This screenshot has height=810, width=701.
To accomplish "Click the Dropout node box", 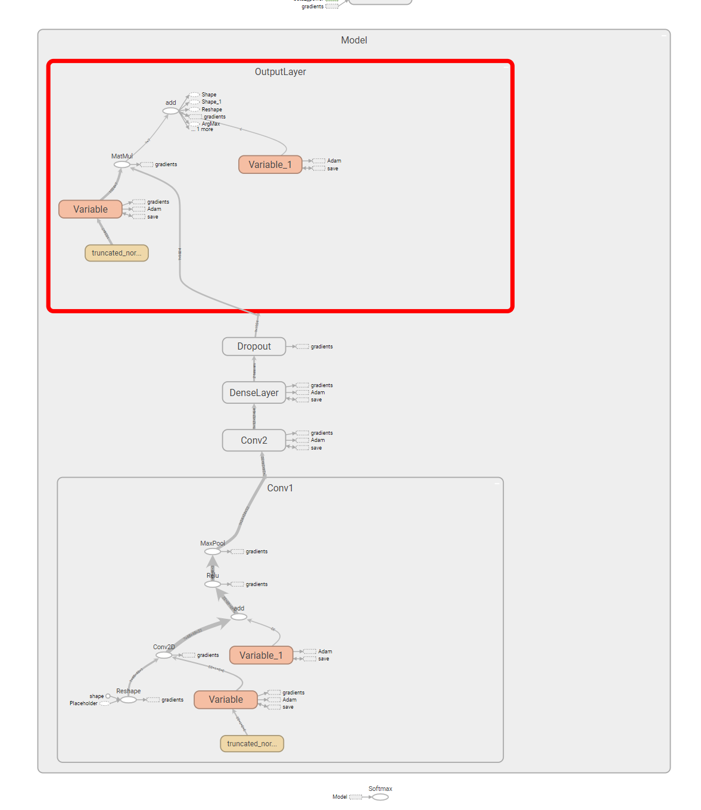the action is coord(254,347).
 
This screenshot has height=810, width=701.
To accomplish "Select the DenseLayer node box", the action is coord(254,393).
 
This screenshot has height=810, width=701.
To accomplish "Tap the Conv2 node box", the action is coord(254,441).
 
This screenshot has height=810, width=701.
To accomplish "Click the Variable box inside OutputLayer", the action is coord(91,210).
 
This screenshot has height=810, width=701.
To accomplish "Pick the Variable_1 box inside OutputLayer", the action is coord(270,165).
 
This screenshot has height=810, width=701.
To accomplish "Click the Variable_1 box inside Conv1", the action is coord(261,656).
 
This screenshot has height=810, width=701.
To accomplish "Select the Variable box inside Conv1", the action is coord(226,700).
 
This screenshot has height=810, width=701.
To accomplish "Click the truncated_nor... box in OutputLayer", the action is coord(117,253).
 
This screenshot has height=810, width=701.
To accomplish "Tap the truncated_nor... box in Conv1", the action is coord(252,744).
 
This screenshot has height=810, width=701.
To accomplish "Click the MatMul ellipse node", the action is coord(122,165).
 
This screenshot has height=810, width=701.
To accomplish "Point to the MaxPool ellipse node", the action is coord(213,552).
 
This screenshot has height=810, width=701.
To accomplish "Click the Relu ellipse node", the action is coord(213,585).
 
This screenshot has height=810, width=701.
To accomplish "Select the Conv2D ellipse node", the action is coord(164,655).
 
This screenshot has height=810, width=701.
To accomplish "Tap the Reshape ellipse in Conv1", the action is coord(129,700).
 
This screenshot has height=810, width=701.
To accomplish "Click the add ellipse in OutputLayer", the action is coord(171,111).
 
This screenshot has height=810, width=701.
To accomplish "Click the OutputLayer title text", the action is coord(280,72).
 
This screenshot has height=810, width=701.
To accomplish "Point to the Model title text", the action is coord(354,40).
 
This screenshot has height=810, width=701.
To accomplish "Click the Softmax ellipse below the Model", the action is coord(381,797).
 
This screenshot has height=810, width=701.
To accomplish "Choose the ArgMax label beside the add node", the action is coord(211,124).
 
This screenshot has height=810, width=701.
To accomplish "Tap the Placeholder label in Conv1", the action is coord(83,703).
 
